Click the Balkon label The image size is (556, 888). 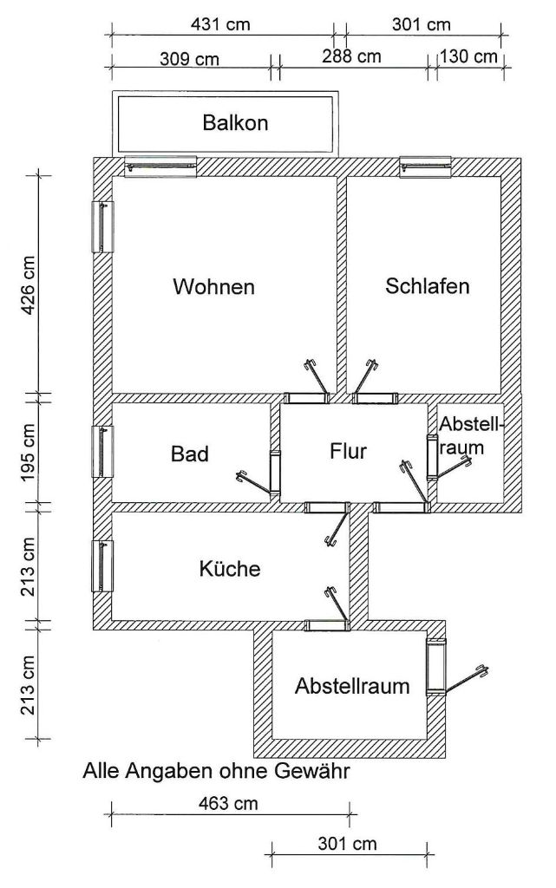235,123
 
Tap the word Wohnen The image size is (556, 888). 213,286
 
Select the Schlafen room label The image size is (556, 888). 428,285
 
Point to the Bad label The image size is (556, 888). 190,454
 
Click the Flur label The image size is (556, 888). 348,451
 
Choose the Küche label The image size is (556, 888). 230,568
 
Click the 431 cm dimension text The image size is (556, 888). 221,24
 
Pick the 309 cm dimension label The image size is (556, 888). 189,59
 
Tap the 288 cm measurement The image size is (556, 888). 351,56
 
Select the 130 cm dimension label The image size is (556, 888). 468,56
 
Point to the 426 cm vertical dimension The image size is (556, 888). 28,285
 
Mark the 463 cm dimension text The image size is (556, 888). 228,803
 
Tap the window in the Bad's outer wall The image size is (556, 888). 102,451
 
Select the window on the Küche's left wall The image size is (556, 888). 102,565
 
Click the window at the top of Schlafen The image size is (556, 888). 425,166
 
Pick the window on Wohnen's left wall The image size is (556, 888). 102,226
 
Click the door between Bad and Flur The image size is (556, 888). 275,471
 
